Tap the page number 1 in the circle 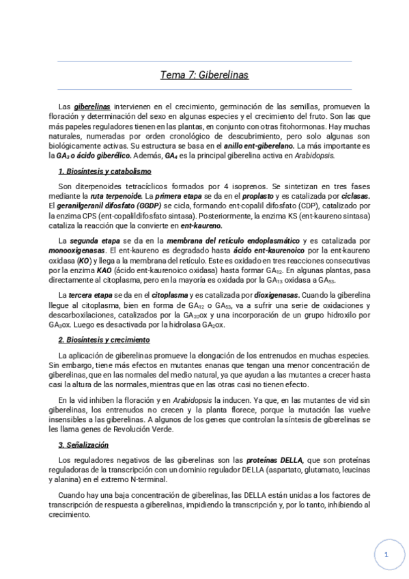tap(386, 555)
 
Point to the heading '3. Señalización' tap(83, 444)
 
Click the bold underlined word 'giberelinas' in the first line tap(92, 107)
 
